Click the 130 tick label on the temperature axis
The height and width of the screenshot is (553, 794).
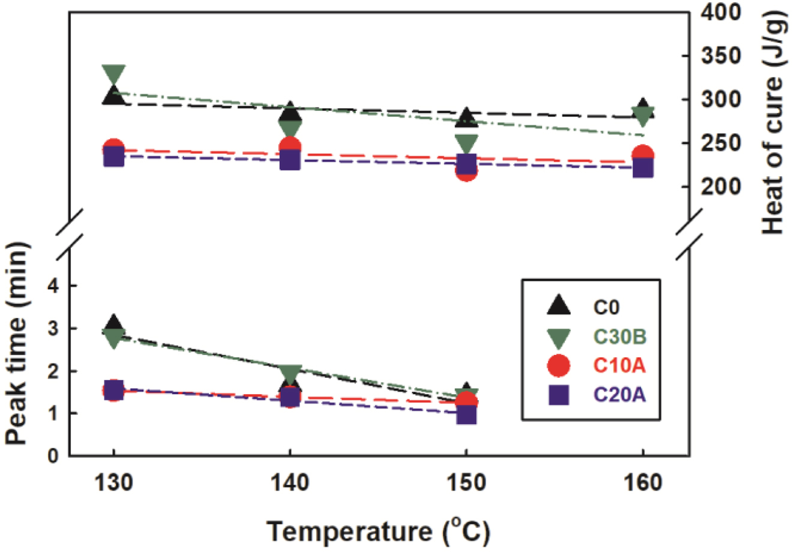(x=113, y=482)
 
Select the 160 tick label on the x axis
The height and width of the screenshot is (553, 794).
(x=643, y=482)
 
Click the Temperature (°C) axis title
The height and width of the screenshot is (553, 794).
(x=378, y=530)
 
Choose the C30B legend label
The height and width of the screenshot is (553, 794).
(x=619, y=337)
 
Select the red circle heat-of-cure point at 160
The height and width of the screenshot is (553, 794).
(x=643, y=155)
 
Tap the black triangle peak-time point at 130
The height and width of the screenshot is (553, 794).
(x=113, y=324)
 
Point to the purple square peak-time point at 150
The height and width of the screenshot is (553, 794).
(x=466, y=414)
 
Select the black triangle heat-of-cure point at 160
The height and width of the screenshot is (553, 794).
(x=643, y=108)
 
